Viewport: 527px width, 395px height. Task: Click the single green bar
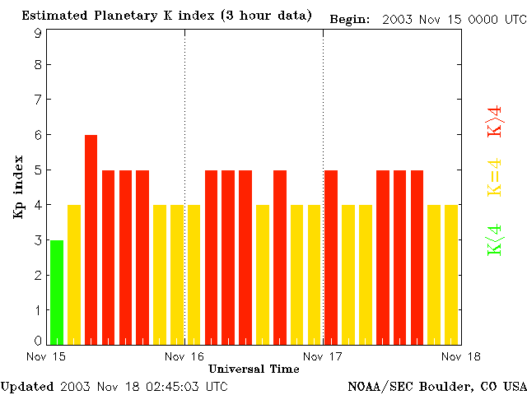coord(57,292)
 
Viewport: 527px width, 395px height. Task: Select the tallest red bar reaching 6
coord(91,239)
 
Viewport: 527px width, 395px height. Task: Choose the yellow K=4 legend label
coord(495,178)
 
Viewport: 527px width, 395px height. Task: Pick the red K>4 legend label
coord(495,121)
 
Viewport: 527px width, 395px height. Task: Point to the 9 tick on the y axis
coord(38,33)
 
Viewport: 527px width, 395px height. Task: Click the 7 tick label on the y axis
coord(38,100)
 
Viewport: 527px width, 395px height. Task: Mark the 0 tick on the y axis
coord(38,341)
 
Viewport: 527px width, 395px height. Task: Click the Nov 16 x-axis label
coord(184,356)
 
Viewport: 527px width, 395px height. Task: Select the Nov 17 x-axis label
coord(323,356)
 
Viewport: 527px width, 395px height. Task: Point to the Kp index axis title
coord(19,187)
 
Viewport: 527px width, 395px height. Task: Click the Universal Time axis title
coord(254,369)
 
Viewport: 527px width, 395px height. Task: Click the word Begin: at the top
coord(349,19)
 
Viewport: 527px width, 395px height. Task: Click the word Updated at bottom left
coord(27,386)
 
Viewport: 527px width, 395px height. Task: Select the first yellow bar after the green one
coord(74,274)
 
